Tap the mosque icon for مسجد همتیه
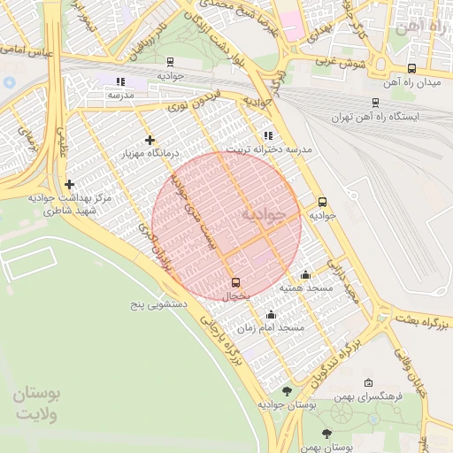tap(306, 274)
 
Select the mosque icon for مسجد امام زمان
tap(271, 314)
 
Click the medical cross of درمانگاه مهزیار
tap(150, 140)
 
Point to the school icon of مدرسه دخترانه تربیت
tap(267, 136)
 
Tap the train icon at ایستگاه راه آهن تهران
tap(376, 103)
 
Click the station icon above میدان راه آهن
tap(411, 68)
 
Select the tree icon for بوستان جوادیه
tap(286, 390)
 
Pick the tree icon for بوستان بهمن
tap(326, 434)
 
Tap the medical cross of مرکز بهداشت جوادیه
tap(69, 184)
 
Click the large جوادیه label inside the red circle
tap(265, 215)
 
